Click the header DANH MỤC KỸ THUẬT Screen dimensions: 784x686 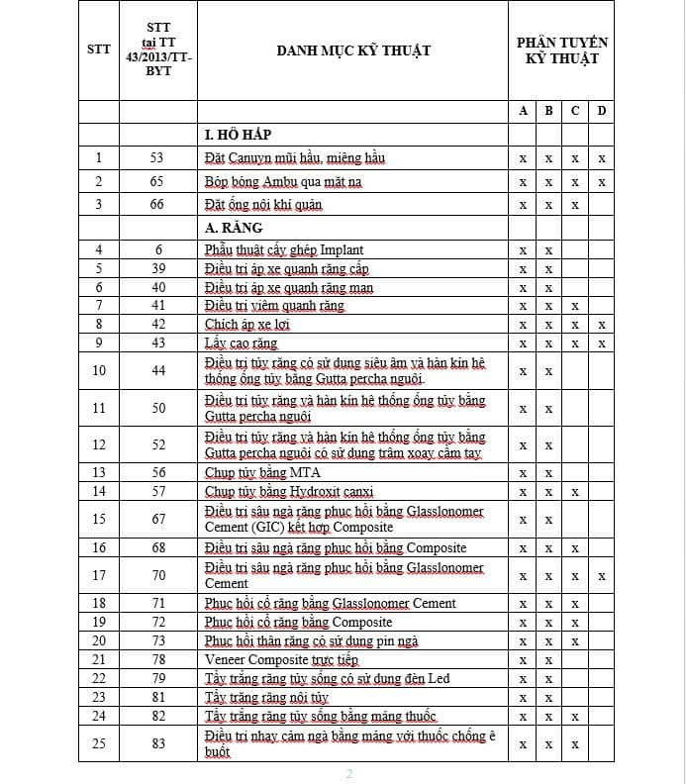tap(353, 50)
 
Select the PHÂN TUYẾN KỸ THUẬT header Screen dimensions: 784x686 tap(561, 50)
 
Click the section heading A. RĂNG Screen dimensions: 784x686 tap(234, 228)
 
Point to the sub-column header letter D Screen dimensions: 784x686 tap(601, 111)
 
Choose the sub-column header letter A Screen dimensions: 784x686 tap(523, 111)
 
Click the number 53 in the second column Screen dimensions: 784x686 tap(156, 157)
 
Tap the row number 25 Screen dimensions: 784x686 tap(98, 743)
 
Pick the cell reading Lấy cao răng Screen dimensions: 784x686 tap(241, 343)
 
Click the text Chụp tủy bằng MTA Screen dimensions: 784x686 tap(262, 472)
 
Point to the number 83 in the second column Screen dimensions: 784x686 tap(156, 743)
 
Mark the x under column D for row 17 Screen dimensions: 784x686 tap(601, 575)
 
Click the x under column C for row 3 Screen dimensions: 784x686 tap(575, 205)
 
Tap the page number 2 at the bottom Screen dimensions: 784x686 tap(348, 773)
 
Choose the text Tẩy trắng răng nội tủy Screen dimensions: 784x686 tap(266, 697)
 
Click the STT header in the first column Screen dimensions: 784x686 tap(98, 50)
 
